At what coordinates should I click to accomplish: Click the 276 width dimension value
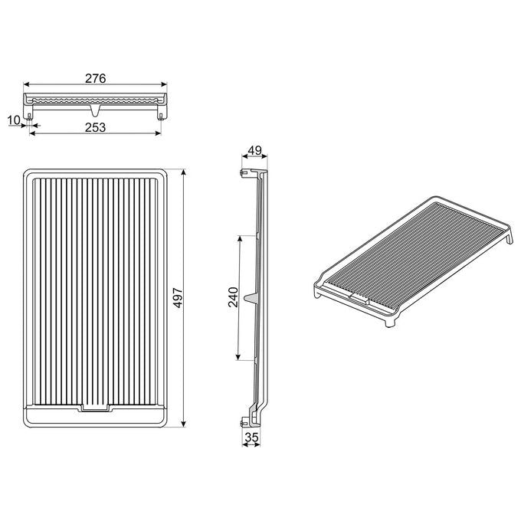pyautogui.click(x=95, y=78)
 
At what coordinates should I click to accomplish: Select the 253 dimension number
pyautogui.click(x=95, y=127)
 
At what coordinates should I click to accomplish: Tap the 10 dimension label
pyautogui.click(x=14, y=120)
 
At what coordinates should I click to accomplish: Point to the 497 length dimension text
pyautogui.click(x=179, y=298)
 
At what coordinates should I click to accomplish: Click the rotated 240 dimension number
pyautogui.click(x=233, y=297)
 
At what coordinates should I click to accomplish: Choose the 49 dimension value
pyautogui.click(x=255, y=150)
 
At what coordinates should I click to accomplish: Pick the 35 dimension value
pyautogui.click(x=251, y=437)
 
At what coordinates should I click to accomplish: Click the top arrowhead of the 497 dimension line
pyautogui.click(x=184, y=172)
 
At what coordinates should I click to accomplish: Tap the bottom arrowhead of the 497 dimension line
pyautogui.click(x=184, y=423)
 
